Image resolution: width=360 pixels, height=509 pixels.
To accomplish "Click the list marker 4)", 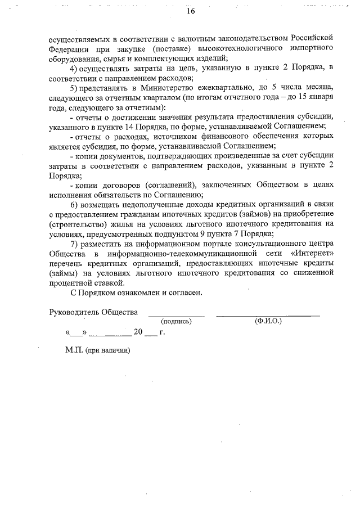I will (76, 69).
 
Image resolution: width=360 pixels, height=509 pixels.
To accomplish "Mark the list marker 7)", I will (76, 244).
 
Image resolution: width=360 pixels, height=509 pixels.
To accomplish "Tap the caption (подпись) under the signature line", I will (176, 322).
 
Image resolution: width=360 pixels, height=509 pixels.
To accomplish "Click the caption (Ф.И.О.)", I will (268, 322).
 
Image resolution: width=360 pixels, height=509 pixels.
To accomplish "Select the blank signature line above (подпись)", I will (176, 316).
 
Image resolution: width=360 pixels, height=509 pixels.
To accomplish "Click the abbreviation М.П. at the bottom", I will (74, 350).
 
